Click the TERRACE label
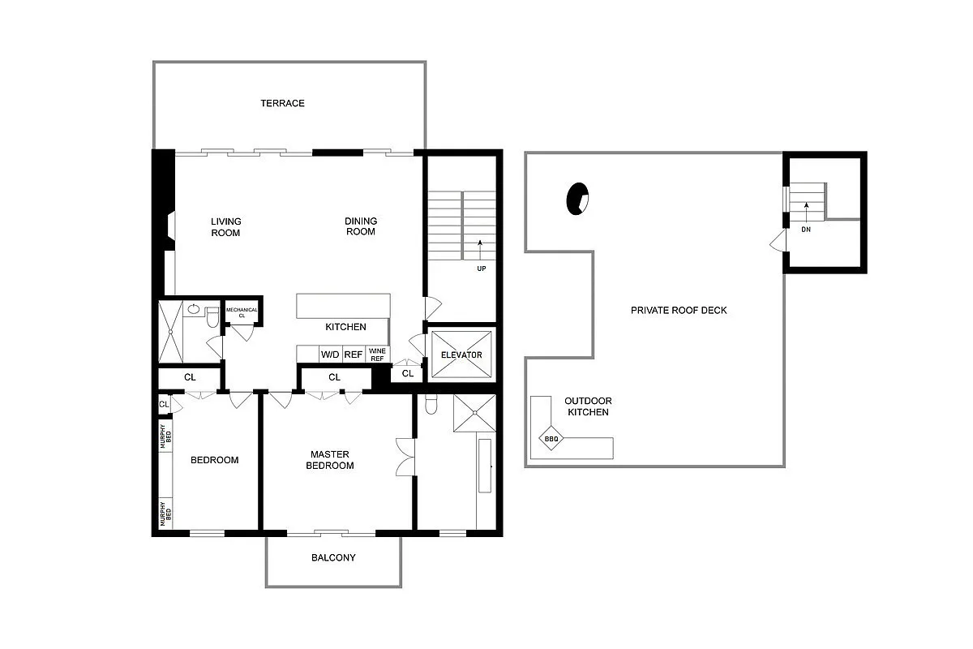point(282,103)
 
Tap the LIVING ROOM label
point(226,226)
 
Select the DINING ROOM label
point(361,226)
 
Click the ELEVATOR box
point(461,355)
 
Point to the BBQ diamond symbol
point(551,441)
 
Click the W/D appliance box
point(330,355)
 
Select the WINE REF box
point(377,355)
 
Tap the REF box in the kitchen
point(354,355)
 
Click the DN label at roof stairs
point(806,229)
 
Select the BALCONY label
point(333,558)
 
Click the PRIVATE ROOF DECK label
point(667,310)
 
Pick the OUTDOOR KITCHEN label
point(588,406)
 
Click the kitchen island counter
point(343,307)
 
